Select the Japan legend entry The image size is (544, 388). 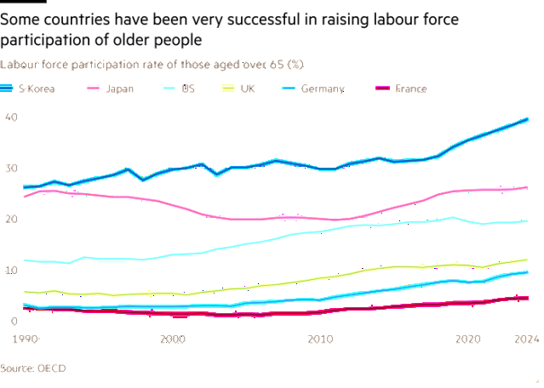(x=118, y=88)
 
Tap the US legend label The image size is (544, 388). (x=187, y=88)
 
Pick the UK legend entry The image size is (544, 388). (x=248, y=88)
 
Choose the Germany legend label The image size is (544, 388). (x=323, y=88)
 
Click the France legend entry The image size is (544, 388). (x=410, y=88)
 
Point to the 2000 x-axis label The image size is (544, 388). (x=173, y=339)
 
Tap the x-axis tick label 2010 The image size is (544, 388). (x=320, y=339)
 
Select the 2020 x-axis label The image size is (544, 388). (x=467, y=339)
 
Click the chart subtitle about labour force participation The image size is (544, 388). (x=152, y=65)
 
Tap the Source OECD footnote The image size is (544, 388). (x=33, y=368)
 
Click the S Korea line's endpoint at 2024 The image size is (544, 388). (x=528, y=119)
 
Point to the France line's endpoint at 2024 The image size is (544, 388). (x=528, y=298)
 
